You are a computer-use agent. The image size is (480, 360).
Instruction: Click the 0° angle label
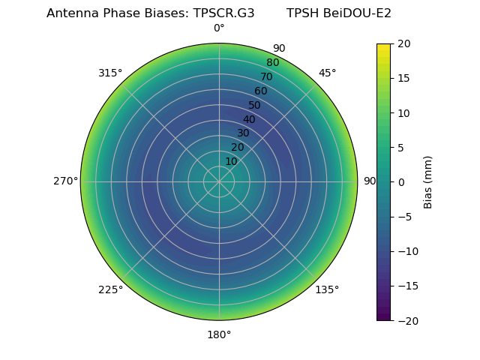pos(219,28)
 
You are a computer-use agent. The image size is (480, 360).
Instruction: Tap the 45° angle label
pos(327,73)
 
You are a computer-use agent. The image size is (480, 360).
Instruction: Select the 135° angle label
pos(327,289)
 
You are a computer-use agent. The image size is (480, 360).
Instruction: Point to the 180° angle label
pos(219,334)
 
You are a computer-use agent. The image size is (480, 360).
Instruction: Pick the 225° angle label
pos(110,289)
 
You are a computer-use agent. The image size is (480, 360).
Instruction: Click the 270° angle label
pos(65,181)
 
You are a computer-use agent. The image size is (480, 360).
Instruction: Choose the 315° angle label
pos(110,73)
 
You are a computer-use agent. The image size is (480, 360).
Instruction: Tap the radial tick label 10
pos(231,161)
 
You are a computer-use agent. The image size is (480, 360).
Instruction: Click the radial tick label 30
pos(243,133)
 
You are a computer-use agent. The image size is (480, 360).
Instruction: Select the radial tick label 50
pos(255,105)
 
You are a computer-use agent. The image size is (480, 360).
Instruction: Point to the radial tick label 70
pos(266,77)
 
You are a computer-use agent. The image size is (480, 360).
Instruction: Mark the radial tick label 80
pos(272,63)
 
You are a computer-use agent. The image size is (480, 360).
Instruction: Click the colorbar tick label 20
pos(403,43)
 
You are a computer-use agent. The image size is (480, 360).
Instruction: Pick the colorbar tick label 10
pos(403,112)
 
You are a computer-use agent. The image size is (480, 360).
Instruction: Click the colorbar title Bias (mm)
pos(428,182)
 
